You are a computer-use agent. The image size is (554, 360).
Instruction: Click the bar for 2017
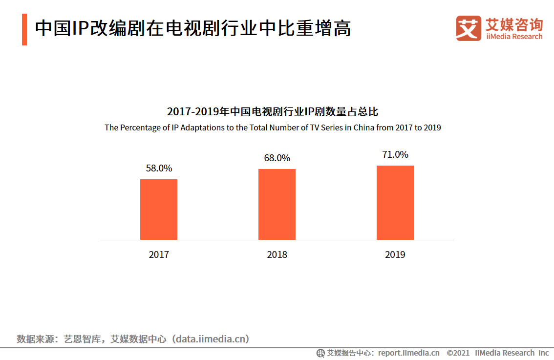coord(159,210)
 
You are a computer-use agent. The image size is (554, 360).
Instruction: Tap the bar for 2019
coord(395,203)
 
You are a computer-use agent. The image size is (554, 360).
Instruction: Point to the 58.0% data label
coord(159,169)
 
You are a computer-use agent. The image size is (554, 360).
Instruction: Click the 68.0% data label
coord(277,158)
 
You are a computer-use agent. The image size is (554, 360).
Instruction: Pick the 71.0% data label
coord(395,155)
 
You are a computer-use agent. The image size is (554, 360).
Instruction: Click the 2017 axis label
coord(159,255)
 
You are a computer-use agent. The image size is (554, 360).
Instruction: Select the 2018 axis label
coord(277,255)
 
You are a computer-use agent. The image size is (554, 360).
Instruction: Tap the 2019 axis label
coord(395,255)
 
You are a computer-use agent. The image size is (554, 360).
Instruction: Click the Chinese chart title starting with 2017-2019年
coord(273,112)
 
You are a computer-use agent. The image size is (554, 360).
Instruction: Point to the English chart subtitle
coord(273,128)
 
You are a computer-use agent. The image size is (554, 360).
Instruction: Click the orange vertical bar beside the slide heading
coord(24,30)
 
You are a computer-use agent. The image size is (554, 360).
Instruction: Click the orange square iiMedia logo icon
coord(469,28)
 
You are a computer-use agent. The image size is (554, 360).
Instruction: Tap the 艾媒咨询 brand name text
coord(513,24)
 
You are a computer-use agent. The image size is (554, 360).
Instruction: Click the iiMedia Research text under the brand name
coord(513,37)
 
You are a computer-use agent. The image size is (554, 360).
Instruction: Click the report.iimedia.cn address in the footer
coord(408,353)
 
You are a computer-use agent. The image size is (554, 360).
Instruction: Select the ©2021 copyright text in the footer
coord(458,353)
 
